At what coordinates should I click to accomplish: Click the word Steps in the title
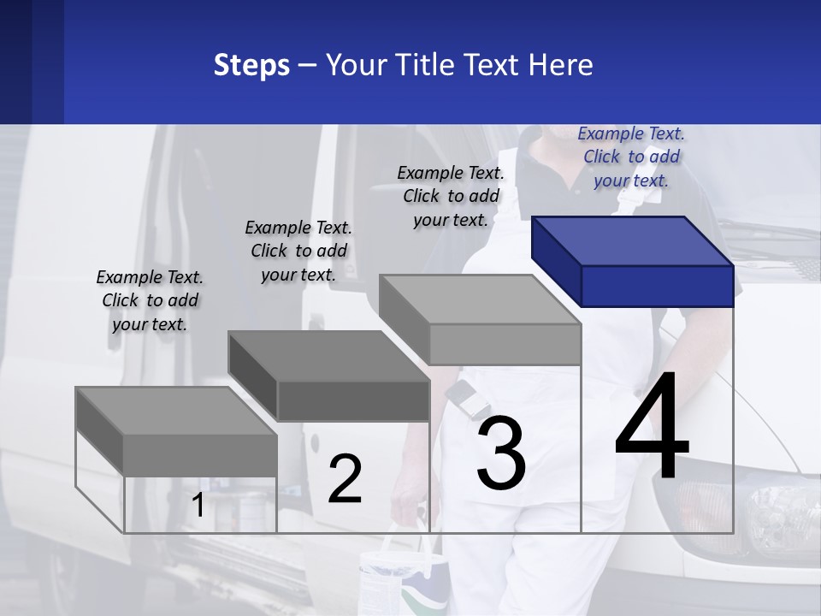coord(251,65)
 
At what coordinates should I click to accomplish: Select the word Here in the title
coord(562,65)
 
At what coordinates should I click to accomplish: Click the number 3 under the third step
coord(500,453)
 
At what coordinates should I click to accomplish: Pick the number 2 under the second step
coord(345,479)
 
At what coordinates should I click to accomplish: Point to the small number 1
coord(198,506)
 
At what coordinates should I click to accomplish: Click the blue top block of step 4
coord(633,261)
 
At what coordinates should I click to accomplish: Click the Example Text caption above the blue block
coord(631,157)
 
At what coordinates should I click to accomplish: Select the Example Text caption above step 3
coord(451,196)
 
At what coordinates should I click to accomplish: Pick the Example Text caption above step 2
coord(298,251)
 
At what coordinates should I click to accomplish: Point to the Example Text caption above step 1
coord(149,300)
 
